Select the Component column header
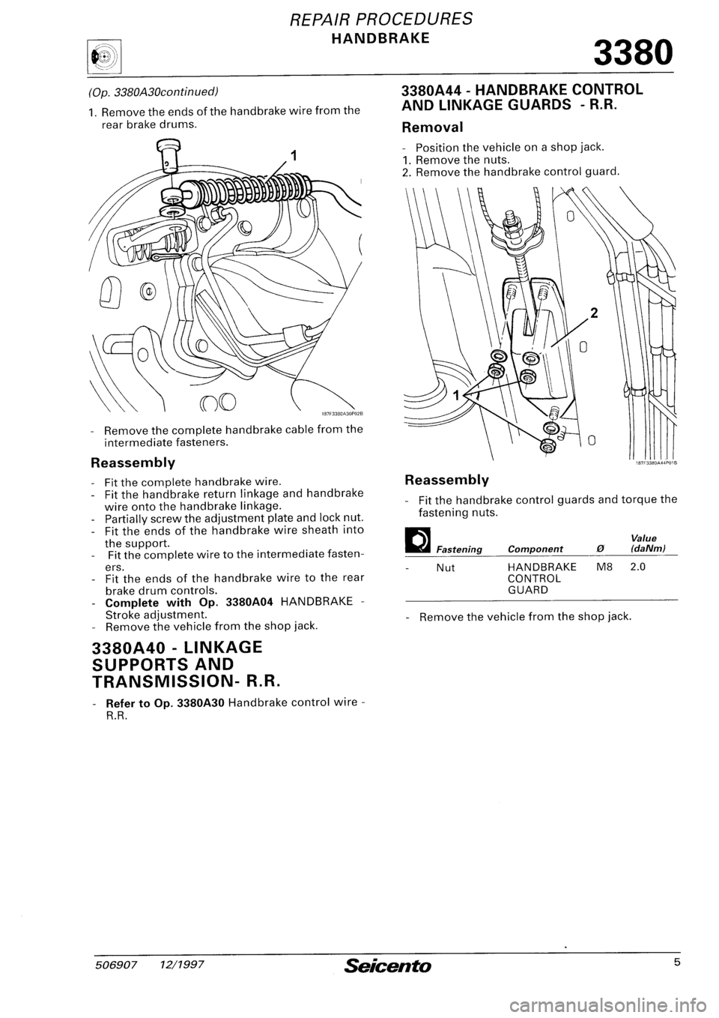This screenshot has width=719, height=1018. point(533,549)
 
